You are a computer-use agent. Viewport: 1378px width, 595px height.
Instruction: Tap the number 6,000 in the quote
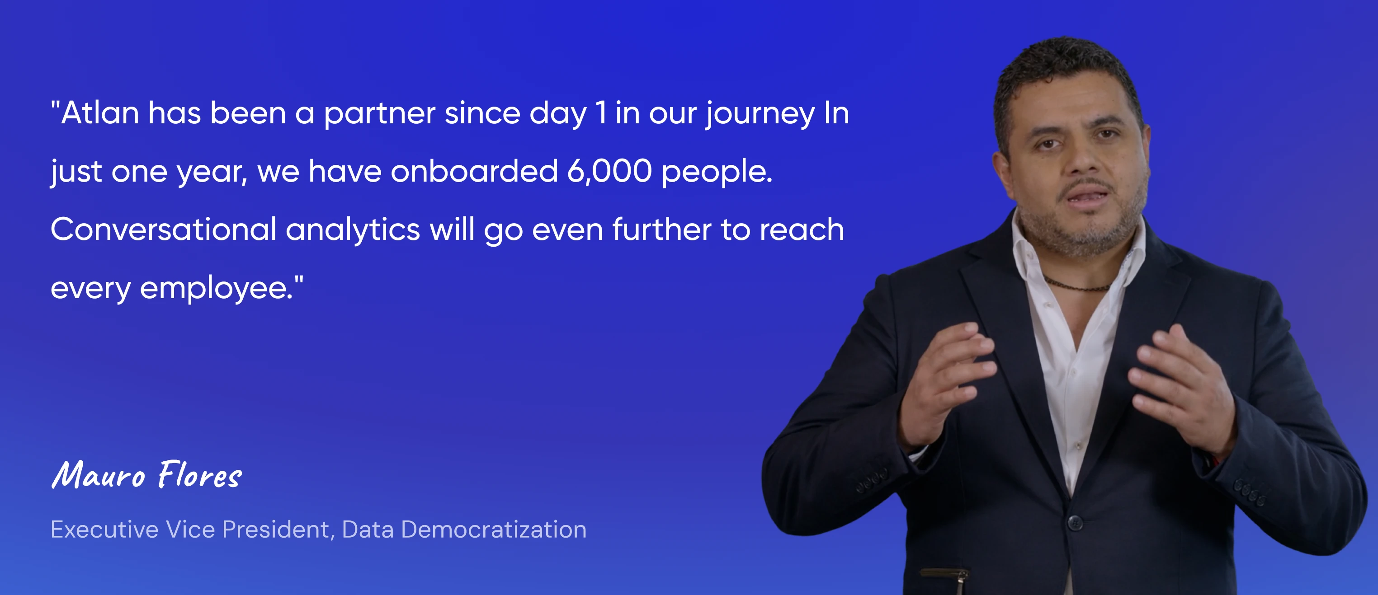[609, 171]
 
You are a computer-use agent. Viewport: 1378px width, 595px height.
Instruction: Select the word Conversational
[164, 230]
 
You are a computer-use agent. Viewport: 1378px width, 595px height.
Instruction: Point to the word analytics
[353, 230]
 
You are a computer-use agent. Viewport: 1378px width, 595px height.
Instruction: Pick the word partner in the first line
[379, 114]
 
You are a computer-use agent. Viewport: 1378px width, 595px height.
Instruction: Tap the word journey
[760, 114]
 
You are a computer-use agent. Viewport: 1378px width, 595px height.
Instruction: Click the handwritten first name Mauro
[99, 474]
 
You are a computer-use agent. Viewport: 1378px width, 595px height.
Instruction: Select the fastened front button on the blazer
[1075, 522]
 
